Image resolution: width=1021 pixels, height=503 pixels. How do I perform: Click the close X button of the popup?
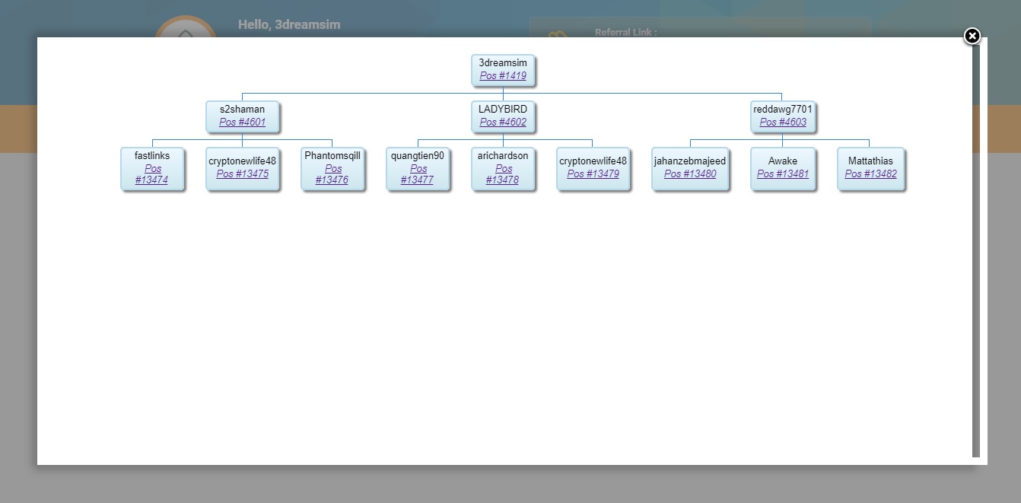pos(972,36)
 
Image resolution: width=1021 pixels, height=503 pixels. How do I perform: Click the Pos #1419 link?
pos(503,76)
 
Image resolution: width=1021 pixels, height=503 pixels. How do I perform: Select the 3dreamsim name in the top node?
pos(503,63)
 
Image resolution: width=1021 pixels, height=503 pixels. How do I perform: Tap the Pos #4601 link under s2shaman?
pos(242,123)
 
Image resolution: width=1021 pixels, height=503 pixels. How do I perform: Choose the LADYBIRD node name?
pos(503,110)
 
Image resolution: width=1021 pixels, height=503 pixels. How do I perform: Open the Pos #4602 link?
pos(503,123)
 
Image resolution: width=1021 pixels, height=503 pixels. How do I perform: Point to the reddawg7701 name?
pos(783,110)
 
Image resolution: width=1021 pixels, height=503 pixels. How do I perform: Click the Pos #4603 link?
pos(783,123)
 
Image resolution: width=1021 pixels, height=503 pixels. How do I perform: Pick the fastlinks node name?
pos(152,156)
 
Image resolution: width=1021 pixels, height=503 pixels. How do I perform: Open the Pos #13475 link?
pos(242,174)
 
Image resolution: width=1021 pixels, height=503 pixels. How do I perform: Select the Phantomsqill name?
pos(332,156)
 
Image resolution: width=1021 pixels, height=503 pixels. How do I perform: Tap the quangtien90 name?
pos(418,156)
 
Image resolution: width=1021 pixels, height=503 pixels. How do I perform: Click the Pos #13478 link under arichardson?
pos(503,174)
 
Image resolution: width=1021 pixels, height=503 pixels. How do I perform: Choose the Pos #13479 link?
pos(593,174)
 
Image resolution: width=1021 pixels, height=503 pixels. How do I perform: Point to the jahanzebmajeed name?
pos(690,161)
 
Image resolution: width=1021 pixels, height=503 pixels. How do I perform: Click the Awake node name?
pos(783,161)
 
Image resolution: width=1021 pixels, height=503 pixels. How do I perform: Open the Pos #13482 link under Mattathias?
pos(870,174)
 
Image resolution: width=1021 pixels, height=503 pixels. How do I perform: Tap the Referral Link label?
pos(625,33)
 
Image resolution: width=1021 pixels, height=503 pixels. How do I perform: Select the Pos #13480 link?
pos(690,174)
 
